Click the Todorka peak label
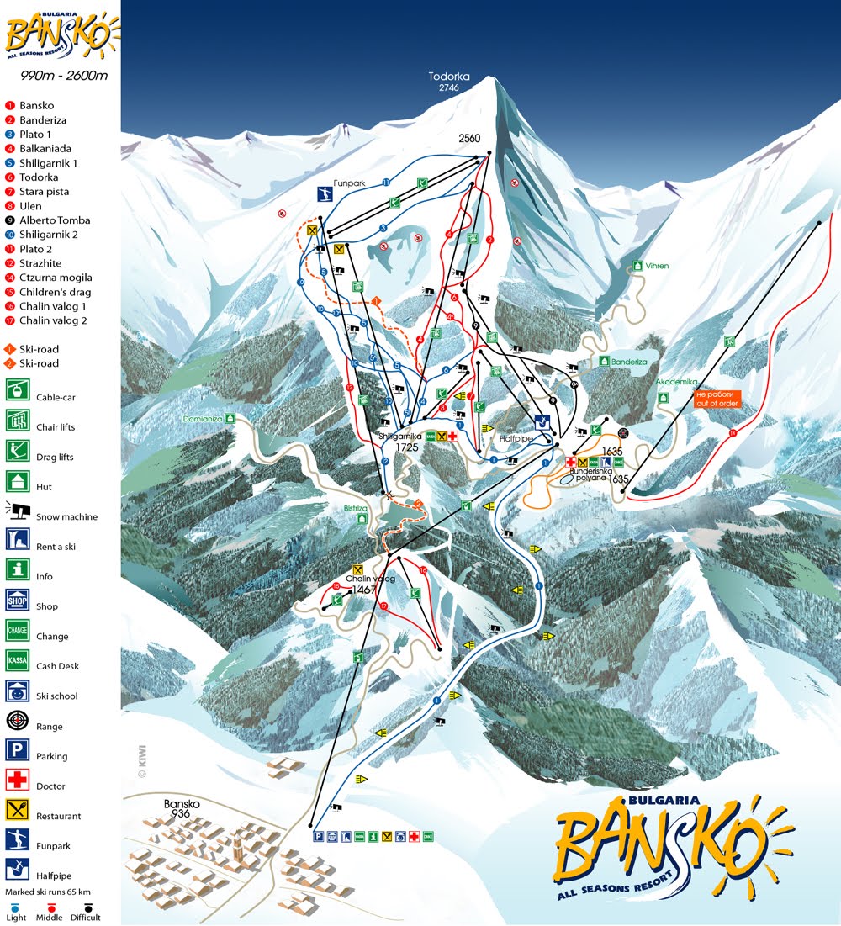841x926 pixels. (x=449, y=77)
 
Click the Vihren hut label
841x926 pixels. (x=657, y=266)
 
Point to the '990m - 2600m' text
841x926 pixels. (x=64, y=76)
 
